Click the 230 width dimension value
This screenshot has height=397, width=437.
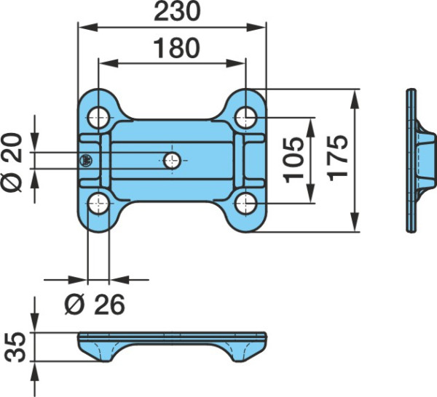(177, 11)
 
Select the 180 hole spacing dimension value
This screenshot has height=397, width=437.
(177, 48)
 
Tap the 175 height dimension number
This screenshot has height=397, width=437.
(337, 158)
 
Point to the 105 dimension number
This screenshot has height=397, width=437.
(294, 160)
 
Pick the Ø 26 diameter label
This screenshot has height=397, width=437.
(95, 305)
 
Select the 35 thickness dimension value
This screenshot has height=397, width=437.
(15, 347)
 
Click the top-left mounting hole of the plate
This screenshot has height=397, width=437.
(98, 118)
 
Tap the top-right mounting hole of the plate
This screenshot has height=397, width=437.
(245, 118)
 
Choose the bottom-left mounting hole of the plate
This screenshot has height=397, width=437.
(98, 204)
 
